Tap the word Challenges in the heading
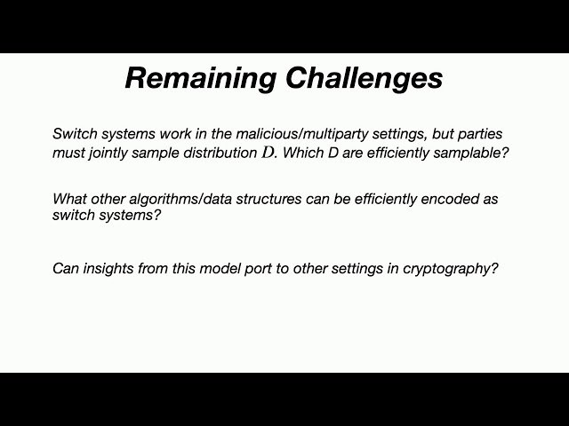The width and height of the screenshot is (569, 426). [x=365, y=78]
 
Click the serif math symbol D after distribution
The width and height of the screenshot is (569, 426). [x=267, y=153]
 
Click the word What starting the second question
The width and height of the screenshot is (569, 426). [x=70, y=198]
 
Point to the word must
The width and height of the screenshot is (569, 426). [x=69, y=153]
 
